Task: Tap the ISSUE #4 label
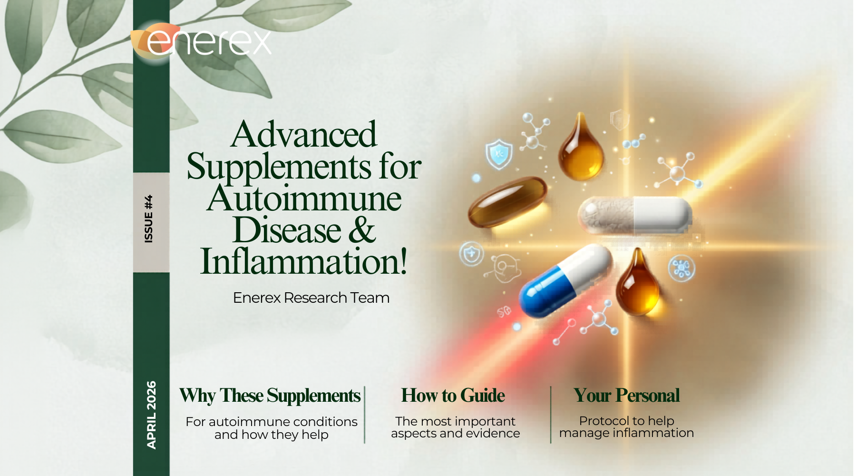pyautogui.click(x=149, y=219)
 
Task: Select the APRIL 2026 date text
pyautogui.click(x=151, y=415)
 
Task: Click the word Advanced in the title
pyautogui.click(x=304, y=135)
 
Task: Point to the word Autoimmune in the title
pyautogui.click(x=304, y=198)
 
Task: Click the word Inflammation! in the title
pyautogui.click(x=304, y=262)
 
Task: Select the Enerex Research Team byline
pyautogui.click(x=311, y=298)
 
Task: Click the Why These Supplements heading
pyautogui.click(x=270, y=396)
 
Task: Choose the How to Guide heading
pyautogui.click(x=453, y=396)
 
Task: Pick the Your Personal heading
pyautogui.click(x=626, y=396)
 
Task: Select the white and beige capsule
pyautogui.click(x=634, y=215)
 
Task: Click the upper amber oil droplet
pyautogui.click(x=581, y=150)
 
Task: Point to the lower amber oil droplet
pyautogui.click(x=637, y=286)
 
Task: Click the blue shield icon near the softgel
pyautogui.click(x=499, y=154)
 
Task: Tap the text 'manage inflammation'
pyautogui.click(x=626, y=433)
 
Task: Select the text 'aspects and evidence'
pyautogui.click(x=455, y=434)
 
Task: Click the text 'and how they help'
pyautogui.click(x=271, y=435)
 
